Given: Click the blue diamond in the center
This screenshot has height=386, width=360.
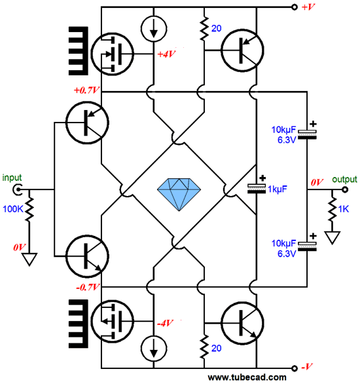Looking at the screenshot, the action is pyautogui.click(x=179, y=194).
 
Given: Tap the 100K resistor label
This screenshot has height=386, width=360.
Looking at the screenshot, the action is pyautogui.click(x=12, y=209).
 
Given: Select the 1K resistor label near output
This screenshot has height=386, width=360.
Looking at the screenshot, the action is pyautogui.click(x=344, y=209).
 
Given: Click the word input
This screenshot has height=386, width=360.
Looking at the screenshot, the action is pyautogui.click(x=12, y=178).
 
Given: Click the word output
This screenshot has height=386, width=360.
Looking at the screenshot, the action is pyautogui.click(x=344, y=179).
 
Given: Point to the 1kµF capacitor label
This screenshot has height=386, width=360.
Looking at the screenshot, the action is pyautogui.click(x=278, y=189).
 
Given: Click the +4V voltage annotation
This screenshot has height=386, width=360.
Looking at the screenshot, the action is pyautogui.click(x=166, y=54).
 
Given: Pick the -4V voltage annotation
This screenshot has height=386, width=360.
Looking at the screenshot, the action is pyautogui.click(x=165, y=323).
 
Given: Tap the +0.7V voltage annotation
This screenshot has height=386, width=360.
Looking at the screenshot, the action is pyautogui.click(x=86, y=90).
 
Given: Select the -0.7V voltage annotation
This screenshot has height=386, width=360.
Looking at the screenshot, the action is pyautogui.click(x=88, y=287).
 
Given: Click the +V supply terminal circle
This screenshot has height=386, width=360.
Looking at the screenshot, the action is pyautogui.click(x=295, y=7).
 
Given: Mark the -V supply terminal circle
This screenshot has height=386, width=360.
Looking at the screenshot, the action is pyautogui.click(x=295, y=368).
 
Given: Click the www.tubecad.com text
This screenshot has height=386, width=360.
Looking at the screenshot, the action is pyautogui.click(x=247, y=377).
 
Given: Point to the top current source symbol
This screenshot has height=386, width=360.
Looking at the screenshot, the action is pyautogui.click(x=154, y=29).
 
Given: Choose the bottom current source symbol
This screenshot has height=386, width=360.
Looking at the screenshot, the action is pyautogui.click(x=154, y=349).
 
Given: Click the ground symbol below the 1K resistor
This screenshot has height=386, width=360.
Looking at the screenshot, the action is pyautogui.click(x=333, y=237).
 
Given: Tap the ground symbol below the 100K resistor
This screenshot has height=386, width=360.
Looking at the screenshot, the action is pyautogui.click(x=29, y=260).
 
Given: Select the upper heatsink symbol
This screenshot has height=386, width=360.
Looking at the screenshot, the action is pyautogui.click(x=78, y=51).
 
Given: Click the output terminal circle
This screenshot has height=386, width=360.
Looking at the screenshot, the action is pyautogui.click(x=345, y=190).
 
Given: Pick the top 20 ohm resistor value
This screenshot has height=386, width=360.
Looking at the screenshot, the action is pyautogui.click(x=217, y=29).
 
